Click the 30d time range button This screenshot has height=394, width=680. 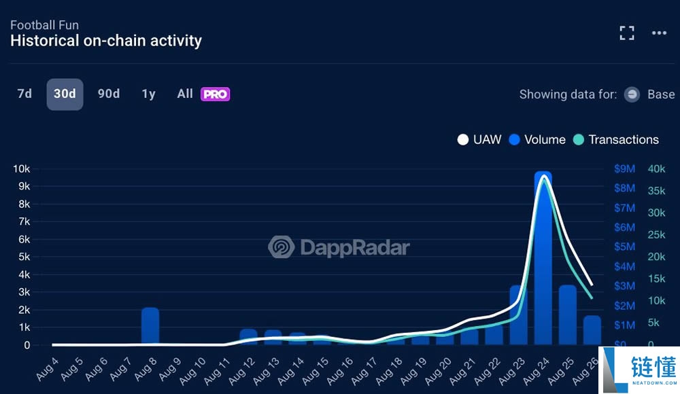coord(65,94)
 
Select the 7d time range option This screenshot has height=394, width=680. coord(24,94)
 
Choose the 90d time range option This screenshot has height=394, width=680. coord(109,94)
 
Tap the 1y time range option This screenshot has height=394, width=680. coord(148,94)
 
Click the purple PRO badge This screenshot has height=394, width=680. coord(215,94)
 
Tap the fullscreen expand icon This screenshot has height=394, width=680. coord(626,33)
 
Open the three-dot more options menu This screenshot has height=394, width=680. coord(659,33)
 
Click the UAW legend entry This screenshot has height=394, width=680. coord(479,139)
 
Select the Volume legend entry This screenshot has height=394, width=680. coord(537,139)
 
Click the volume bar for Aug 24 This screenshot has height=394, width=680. coord(543,258)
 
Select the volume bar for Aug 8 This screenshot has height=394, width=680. coord(150,326)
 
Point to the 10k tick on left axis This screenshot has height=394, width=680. coord(22,168)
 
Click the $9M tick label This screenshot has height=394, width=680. coord(624,168)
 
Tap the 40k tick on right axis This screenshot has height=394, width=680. coord(656,168)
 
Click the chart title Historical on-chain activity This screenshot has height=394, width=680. coord(106,41)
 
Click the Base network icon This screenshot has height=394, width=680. coord(632,94)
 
